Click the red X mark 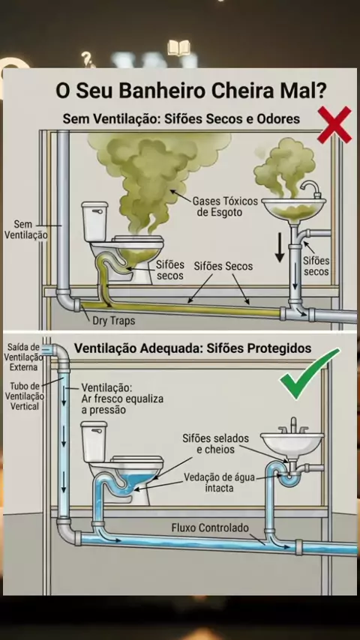(x=334, y=125)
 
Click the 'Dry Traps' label (x=113, y=321)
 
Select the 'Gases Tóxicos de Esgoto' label (x=225, y=207)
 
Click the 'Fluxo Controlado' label (x=210, y=528)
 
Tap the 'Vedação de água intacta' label (x=220, y=482)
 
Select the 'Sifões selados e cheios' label (x=215, y=444)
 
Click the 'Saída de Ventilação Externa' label (x=23, y=357)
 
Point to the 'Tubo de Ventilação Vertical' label (x=25, y=396)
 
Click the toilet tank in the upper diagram (x=94, y=221)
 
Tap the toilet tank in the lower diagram (x=94, y=441)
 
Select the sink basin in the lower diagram (x=292, y=443)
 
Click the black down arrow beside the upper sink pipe (x=280, y=247)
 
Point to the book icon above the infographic (x=178, y=48)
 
